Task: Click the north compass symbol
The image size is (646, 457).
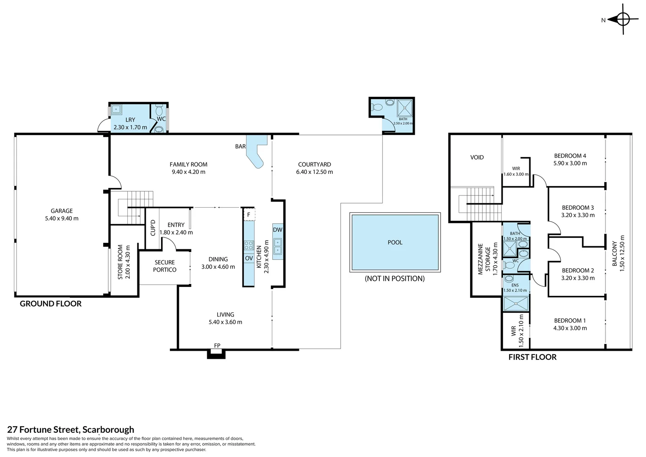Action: [x=623, y=19]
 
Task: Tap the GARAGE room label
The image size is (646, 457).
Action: [x=61, y=211]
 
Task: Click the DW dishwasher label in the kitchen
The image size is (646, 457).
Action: [x=277, y=230]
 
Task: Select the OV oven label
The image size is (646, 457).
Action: [x=249, y=258]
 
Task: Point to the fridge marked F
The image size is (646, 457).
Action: [x=249, y=215]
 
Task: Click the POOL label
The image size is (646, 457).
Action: [x=395, y=242]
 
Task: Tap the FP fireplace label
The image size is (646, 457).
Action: [x=217, y=345]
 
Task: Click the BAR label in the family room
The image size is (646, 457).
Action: [x=240, y=146]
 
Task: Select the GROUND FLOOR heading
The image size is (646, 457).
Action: [x=51, y=303]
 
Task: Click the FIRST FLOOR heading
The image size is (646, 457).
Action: [x=532, y=357]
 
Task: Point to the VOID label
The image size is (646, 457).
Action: [x=477, y=157]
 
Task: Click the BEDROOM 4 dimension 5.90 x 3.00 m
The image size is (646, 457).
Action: [x=570, y=163]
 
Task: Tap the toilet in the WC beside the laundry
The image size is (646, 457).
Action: [x=159, y=110]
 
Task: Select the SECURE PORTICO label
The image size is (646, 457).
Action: [x=165, y=266]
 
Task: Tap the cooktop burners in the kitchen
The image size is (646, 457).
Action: [x=249, y=245]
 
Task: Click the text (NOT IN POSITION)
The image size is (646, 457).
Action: [x=395, y=278]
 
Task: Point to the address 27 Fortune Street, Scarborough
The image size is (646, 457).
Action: [x=71, y=429]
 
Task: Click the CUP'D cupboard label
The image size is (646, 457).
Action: [x=153, y=228]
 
